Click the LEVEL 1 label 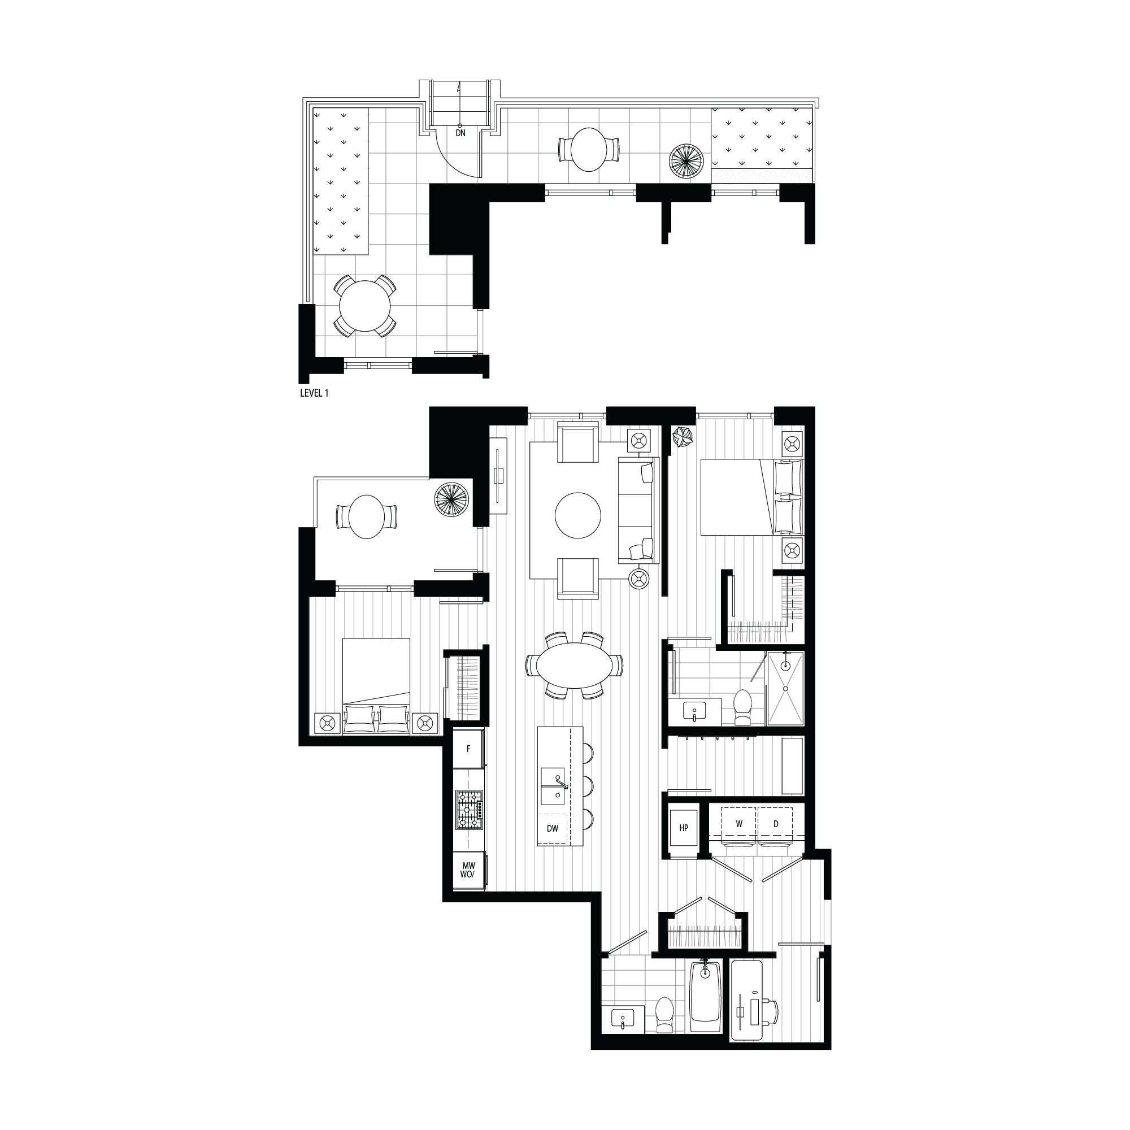[x=314, y=393]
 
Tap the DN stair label [x=461, y=133]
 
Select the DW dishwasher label [x=552, y=828]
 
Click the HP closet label [x=684, y=828]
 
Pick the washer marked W [x=739, y=824]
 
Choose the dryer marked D [x=776, y=824]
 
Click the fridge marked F [x=468, y=748]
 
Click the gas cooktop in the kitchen [x=469, y=810]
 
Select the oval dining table [x=574, y=666]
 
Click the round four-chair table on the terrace [x=366, y=306]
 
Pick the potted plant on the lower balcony [x=452, y=498]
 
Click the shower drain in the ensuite [x=785, y=665]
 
